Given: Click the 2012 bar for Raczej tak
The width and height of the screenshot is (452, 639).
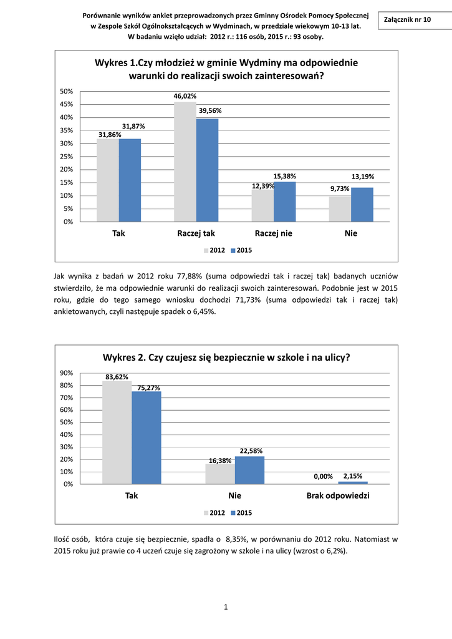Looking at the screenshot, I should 185,162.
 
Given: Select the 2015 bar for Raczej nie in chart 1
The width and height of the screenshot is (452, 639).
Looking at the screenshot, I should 285,202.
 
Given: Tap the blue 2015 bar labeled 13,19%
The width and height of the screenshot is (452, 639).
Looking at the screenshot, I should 362,204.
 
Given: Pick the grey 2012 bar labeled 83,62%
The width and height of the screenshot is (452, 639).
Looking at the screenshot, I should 117,432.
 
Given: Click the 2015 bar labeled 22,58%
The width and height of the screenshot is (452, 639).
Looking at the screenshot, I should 249,470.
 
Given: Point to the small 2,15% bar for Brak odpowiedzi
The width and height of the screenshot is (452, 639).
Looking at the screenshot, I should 353,482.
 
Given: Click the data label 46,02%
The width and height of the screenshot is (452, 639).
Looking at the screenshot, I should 185,96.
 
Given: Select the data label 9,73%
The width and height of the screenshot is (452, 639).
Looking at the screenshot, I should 340,188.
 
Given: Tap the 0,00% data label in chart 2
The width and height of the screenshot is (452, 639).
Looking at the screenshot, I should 323,476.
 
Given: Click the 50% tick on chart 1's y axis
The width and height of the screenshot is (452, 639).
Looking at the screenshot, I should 66,91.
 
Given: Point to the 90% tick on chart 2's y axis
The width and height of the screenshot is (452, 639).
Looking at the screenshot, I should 66,373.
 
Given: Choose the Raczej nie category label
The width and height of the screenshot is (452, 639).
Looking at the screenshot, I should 274,233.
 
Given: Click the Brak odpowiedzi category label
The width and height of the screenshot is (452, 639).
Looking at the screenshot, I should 338,495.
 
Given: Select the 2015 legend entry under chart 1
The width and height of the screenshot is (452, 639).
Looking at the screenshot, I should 241,250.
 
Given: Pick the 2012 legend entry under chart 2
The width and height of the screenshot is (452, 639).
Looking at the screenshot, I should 214,512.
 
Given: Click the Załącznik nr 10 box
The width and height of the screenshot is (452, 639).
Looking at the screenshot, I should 410,20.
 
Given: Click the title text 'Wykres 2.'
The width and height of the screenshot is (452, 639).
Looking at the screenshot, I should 124,358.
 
